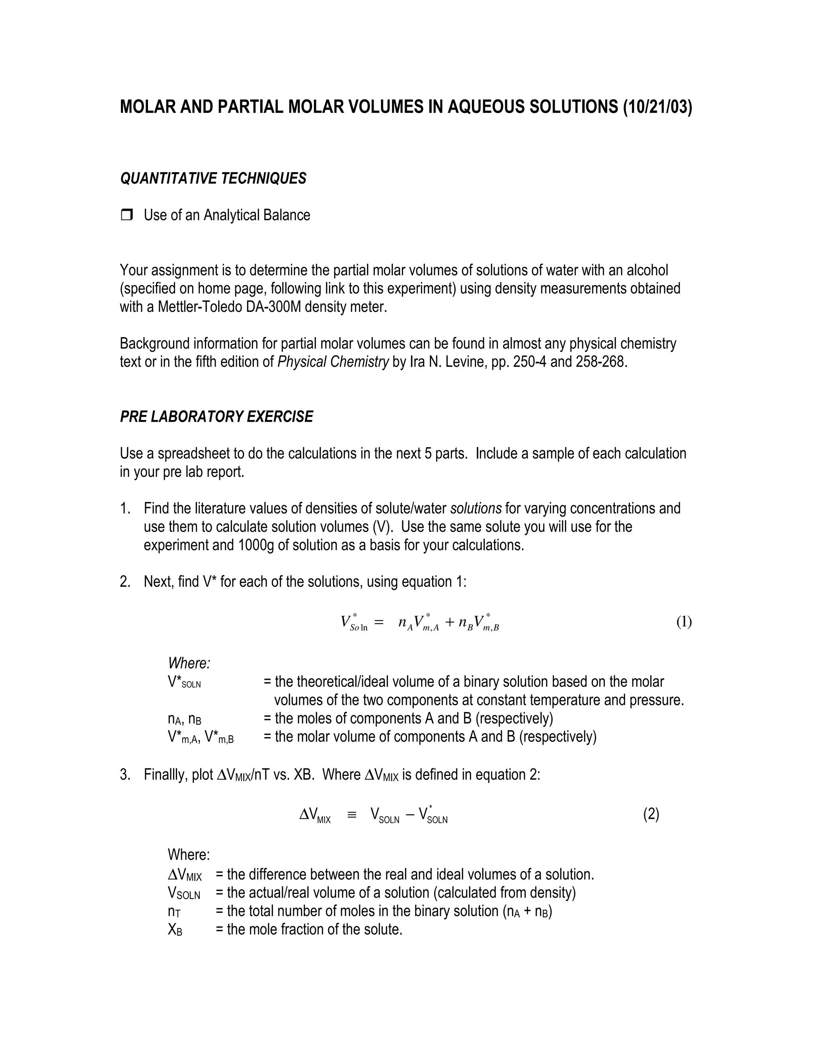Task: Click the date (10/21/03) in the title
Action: point(657,107)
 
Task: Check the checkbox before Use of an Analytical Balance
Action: point(127,215)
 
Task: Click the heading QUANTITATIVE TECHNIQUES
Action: point(213,179)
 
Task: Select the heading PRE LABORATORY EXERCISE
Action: point(216,416)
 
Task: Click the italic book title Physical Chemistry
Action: point(333,362)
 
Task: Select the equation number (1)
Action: point(684,622)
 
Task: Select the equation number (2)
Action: point(651,814)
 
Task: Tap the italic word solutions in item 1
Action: point(476,508)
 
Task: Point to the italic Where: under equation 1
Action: point(189,663)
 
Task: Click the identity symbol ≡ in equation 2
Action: point(351,815)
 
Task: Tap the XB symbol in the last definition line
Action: point(175,930)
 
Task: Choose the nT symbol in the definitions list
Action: point(174,911)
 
